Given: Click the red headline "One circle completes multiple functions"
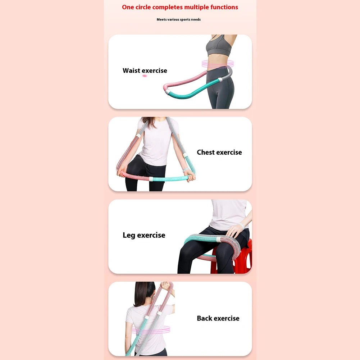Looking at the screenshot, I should [180, 7].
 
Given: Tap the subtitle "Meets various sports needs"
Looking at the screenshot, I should [178, 19].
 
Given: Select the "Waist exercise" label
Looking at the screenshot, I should [145, 70].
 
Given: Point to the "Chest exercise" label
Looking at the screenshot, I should [219, 152].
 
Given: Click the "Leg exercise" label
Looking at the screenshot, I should [144, 235].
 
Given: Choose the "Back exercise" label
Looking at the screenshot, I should [218, 318].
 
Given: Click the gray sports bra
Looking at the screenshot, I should [218, 46].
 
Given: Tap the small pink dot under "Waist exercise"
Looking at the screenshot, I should [145, 76].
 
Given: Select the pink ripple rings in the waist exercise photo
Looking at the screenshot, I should [217, 64].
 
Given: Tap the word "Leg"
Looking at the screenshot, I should [129, 235].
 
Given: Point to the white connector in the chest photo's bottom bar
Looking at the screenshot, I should [151, 179].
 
